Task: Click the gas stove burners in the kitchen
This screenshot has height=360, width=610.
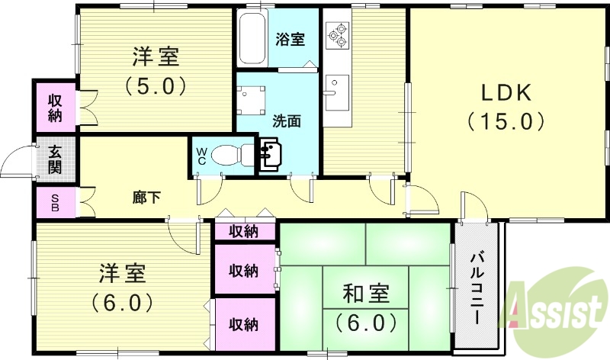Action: [x=336, y=34]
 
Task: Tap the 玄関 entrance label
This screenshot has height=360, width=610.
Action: [x=55, y=159]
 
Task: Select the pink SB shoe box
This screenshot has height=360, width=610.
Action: [x=55, y=202]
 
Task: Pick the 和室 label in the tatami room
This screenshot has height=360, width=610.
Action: [x=367, y=293]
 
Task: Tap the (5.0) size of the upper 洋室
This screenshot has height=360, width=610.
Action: [x=156, y=85]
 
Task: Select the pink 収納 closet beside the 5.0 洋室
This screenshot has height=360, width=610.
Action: [x=55, y=108]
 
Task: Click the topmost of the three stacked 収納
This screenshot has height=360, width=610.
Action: [x=244, y=231]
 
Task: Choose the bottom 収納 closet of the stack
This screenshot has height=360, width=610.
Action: [x=244, y=324]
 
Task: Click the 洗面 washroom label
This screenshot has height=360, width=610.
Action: [x=286, y=120]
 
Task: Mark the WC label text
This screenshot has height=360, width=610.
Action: [x=202, y=156]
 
